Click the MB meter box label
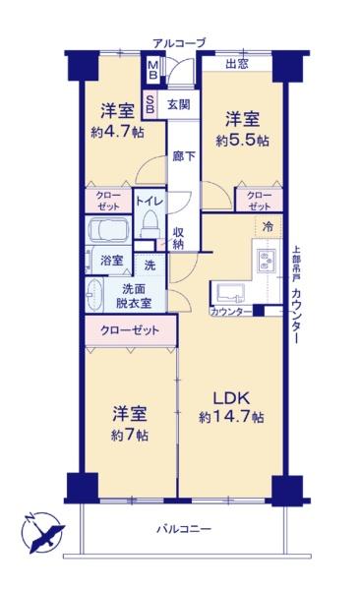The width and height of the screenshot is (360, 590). coord(152,70)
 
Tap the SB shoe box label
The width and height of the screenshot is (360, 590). coord(150,104)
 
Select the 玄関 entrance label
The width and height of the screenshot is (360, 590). coord(178,104)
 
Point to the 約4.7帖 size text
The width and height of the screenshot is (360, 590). coord(117,132)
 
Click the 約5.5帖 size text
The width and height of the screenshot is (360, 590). coord(243,141)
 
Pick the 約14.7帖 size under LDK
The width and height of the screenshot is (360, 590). coord(231,417)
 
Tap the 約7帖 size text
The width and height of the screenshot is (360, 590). coord(130,436)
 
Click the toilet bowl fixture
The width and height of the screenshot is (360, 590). coord(150,223)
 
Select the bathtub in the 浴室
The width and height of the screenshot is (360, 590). coord(108,230)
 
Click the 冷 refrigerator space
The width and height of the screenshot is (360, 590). coord(269,227)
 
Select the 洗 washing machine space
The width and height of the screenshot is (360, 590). coord(150,265)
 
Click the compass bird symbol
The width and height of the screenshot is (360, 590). coord(42,532)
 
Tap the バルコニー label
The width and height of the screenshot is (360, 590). coord(184,529)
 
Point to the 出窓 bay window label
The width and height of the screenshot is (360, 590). coord(237,64)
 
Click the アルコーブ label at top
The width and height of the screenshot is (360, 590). coord(179,43)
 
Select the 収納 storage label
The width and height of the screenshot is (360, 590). coord(178,238)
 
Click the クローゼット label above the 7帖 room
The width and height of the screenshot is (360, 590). coord(130,330)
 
